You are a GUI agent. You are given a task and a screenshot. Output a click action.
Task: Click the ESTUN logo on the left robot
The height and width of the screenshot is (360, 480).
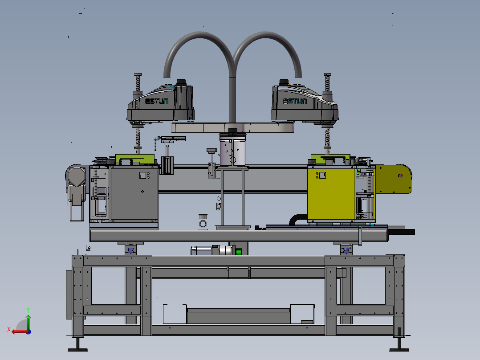coord(156,102)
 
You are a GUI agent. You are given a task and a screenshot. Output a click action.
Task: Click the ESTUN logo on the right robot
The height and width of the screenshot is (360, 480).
coord(295,102)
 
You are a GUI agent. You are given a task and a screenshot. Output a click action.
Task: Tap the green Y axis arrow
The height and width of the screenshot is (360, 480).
coord(28,322)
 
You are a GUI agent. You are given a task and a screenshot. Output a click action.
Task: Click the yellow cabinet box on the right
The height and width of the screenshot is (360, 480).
coord(331,193)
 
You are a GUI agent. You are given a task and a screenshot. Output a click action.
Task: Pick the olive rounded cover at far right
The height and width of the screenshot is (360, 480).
coord(394,179)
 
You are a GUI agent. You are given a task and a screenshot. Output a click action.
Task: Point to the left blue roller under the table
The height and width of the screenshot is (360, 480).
coord(131,250)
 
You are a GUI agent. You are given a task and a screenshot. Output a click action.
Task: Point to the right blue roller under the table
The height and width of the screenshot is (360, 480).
coord(346,250)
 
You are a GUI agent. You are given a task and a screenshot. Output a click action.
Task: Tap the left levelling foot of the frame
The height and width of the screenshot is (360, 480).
coord(78,345)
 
